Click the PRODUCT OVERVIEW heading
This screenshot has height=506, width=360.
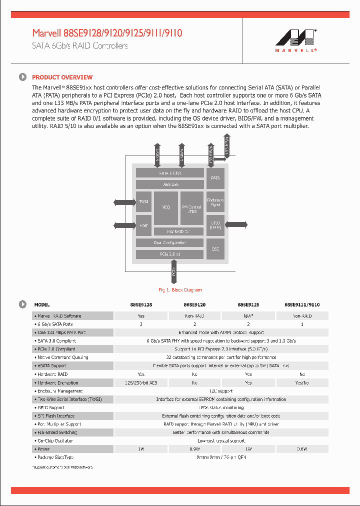[x=62, y=77]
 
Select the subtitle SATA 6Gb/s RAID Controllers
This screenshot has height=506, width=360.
[x=80, y=46]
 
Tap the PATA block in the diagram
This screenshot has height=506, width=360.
[x=215, y=177]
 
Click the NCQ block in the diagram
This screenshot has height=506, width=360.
[x=165, y=207]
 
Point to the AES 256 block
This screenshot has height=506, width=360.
[x=170, y=184]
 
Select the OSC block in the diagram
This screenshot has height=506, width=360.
[x=215, y=248]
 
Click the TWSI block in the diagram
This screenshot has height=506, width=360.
[x=143, y=201]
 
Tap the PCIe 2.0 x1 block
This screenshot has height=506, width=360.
[x=170, y=254]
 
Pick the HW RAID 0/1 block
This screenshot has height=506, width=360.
[x=178, y=231]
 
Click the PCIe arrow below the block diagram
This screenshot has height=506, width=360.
[x=173, y=272]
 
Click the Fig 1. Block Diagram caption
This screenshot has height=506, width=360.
[x=180, y=290]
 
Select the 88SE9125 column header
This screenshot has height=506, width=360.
[x=248, y=304]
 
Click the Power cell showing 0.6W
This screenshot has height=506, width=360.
[x=302, y=449]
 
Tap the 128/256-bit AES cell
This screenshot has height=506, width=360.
[x=141, y=382]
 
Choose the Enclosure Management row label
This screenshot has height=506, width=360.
[x=60, y=391]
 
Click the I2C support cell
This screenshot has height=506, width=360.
[x=221, y=391]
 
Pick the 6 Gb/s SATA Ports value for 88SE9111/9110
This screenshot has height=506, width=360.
[x=302, y=324]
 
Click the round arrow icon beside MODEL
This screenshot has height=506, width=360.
[x=22, y=304]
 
